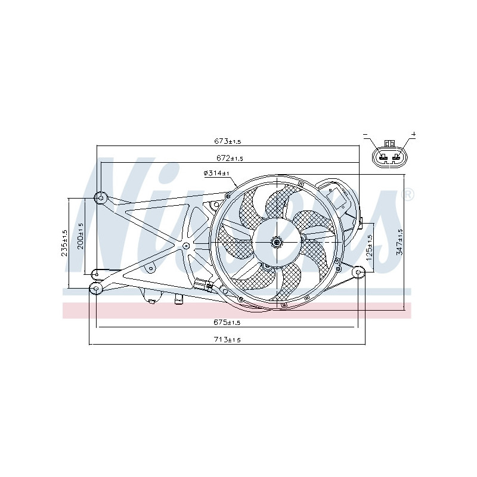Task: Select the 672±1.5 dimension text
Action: tap(229, 159)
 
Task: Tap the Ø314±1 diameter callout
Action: tap(216, 173)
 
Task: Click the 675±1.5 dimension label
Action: tap(227, 323)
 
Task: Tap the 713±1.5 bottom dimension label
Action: tap(227, 340)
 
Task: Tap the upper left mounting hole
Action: tap(101, 197)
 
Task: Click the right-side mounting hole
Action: tap(359, 272)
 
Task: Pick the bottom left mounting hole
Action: tap(96, 289)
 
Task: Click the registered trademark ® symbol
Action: tap(408, 194)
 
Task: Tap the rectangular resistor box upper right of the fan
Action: tap(337, 196)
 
